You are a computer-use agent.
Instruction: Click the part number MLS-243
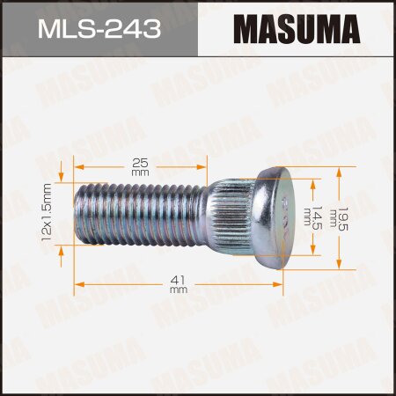pos(99,31)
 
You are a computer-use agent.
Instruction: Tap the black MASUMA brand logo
pos(297,31)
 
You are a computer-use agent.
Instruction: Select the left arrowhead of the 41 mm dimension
pos(78,283)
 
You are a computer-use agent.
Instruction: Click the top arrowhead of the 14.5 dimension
pos(312,186)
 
